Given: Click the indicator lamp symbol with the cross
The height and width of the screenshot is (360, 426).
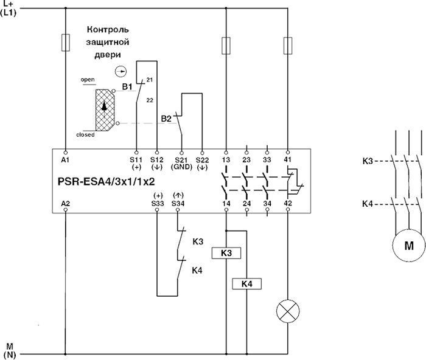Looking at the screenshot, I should tap(286, 311).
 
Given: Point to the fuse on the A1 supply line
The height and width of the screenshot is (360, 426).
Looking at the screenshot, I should tap(65, 43).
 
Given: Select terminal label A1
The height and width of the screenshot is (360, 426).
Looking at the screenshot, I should tap(65, 159).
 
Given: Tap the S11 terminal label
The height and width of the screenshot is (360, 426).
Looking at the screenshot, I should tap(136, 159).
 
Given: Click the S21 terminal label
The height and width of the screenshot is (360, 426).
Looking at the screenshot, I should tap(180, 159).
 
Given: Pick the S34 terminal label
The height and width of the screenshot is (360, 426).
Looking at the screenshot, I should tap(177, 202).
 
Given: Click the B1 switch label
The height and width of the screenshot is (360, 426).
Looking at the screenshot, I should tap(127, 88).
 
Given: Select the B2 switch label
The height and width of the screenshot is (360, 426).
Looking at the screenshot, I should tap(166, 118).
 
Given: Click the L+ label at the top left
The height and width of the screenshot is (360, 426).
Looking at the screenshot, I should tap(10, 4).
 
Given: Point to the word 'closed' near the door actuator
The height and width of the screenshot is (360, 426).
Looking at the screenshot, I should tap(85, 134).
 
